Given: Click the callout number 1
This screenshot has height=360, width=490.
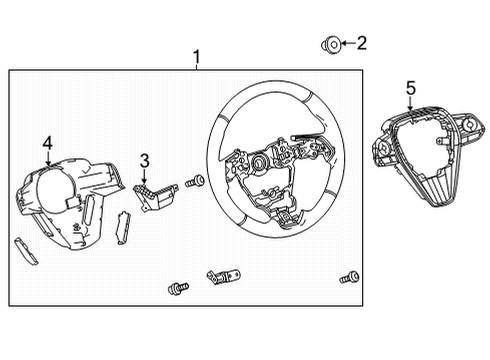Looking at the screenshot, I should pos(196,56).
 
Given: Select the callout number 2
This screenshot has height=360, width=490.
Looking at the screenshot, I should pos(362,43).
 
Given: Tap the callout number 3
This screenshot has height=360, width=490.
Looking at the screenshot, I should pos(144,160).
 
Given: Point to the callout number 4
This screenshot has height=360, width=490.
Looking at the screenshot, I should pos(47,143).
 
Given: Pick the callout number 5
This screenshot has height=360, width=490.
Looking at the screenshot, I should pos(409,87).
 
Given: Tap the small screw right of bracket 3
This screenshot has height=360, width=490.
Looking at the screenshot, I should pos(195,181).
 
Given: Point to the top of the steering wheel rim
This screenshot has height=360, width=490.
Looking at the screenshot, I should pos(270,89).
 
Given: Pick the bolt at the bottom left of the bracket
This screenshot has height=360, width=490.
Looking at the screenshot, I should pos(177,289).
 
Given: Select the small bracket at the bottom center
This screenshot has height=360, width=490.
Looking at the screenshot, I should pos(221,276).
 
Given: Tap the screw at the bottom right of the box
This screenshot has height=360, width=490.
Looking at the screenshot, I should pos(349,277).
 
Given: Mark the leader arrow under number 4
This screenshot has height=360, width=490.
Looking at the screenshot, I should pos(47,157).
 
